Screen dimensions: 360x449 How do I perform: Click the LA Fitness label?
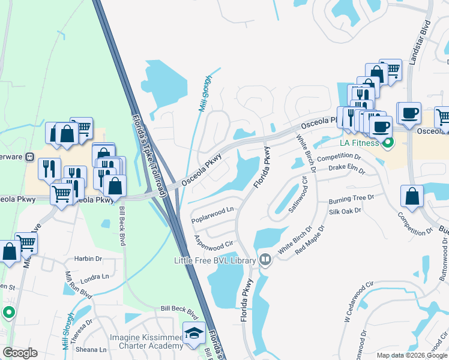(x=360, y=143)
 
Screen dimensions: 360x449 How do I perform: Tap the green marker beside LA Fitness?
(x=387, y=143)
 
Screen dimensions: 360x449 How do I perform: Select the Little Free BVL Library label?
(x=215, y=260)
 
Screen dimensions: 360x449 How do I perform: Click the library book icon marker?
(x=266, y=260)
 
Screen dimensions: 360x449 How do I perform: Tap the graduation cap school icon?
(x=194, y=334)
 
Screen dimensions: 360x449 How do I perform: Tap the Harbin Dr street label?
(x=88, y=259)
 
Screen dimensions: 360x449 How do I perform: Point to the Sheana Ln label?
(x=91, y=350)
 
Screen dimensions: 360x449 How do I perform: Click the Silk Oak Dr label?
(x=345, y=211)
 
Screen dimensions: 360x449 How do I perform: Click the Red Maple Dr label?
(x=310, y=241)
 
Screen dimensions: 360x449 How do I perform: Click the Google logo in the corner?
(x=20, y=352)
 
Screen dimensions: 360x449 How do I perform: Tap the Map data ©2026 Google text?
(x=412, y=355)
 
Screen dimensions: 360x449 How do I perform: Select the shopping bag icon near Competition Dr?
(x=412, y=196)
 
